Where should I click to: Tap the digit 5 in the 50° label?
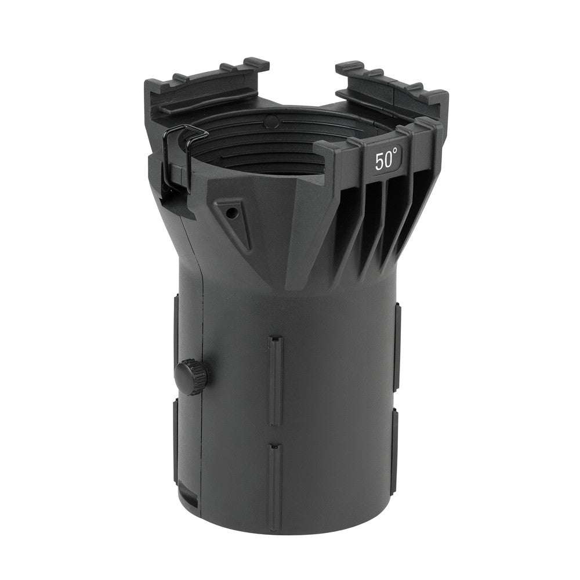[379, 162]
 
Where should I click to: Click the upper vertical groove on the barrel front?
[275, 381]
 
